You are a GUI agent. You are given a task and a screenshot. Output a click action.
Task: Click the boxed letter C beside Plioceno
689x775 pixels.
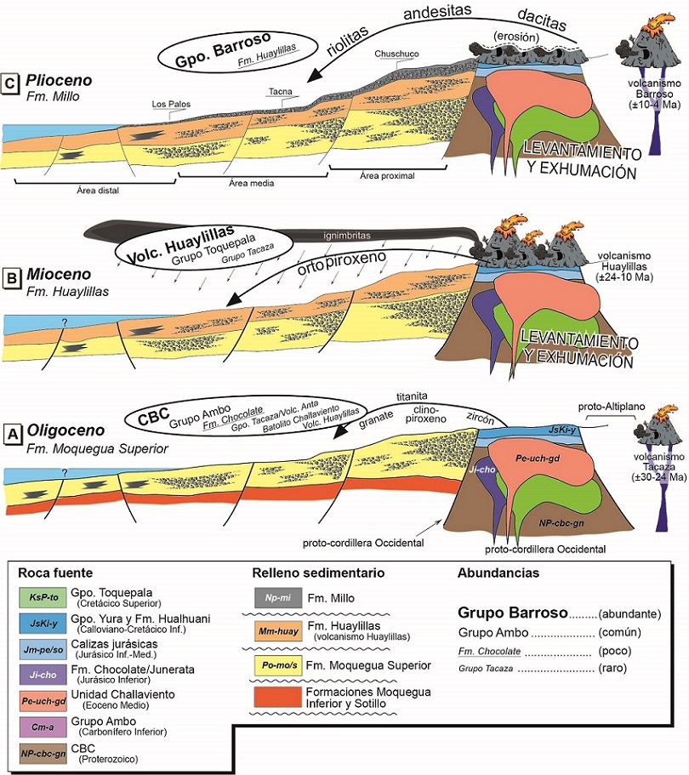(12, 83)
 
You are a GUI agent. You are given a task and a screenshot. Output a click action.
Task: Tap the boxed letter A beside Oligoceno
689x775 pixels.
(12, 434)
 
